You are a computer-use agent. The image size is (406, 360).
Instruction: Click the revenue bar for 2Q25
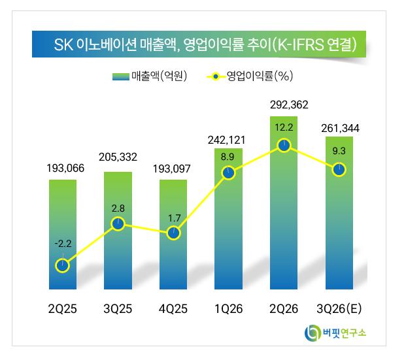[63, 234]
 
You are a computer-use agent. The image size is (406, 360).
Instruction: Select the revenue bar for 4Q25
[173, 234]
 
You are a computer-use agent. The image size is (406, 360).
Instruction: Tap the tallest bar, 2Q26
[284, 203]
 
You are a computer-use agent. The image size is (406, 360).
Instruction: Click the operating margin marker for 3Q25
[118, 224]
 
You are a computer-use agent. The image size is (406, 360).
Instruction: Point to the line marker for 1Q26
[228, 172]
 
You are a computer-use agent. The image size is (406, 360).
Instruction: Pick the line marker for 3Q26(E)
[339, 170]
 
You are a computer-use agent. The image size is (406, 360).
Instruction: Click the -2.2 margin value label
[63, 244]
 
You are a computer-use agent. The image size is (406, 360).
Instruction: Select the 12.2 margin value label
[284, 127]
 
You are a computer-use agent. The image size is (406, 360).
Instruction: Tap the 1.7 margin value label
[174, 218]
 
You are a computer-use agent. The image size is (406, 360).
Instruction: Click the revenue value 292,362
[289, 105]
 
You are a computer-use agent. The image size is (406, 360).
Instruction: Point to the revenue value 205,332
[118, 157]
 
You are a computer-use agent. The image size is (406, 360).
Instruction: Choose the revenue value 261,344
[340, 128]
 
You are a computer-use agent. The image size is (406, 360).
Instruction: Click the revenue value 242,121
[226, 140]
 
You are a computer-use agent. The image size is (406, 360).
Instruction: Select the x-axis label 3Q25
[118, 309]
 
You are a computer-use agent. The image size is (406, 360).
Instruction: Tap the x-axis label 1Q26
[228, 309]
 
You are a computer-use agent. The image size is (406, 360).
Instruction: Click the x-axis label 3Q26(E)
[339, 309]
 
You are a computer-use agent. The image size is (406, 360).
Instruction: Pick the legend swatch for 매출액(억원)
[121, 76]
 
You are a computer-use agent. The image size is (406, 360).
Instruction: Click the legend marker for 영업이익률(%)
[216, 76]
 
